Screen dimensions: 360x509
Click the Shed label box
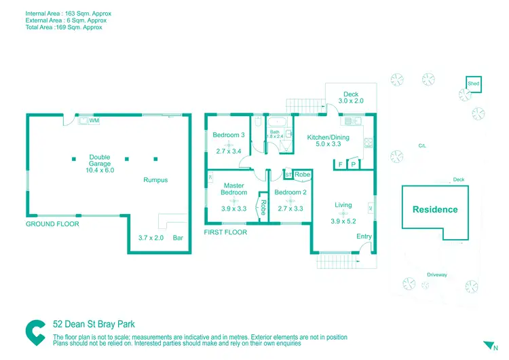tap(474, 84)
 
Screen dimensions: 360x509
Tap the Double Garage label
tap(99, 161)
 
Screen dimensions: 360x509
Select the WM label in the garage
tap(94, 120)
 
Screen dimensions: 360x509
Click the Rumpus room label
tap(155, 180)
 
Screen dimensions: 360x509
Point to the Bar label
tap(178, 238)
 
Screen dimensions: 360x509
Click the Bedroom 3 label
tap(229, 135)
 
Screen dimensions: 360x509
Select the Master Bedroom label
tap(233, 189)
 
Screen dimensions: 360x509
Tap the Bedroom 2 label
tap(290, 192)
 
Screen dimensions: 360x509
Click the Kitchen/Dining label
tap(328, 138)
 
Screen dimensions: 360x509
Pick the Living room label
tap(343, 204)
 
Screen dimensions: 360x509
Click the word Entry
tap(364, 236)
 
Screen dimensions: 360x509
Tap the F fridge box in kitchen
tap(340, 164)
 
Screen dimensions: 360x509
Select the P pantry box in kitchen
tap(353, 164)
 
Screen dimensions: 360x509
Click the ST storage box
tap(288, 175)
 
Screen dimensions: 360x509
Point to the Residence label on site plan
tap(435, 209)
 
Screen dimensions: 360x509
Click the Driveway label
tap(436, 274)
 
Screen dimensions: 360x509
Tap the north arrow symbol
tap(485, 345)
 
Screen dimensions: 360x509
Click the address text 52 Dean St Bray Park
tap(98, 325)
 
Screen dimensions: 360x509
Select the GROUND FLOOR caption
tap(52, 224)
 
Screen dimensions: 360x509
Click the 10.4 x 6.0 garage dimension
tap(99, 170)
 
